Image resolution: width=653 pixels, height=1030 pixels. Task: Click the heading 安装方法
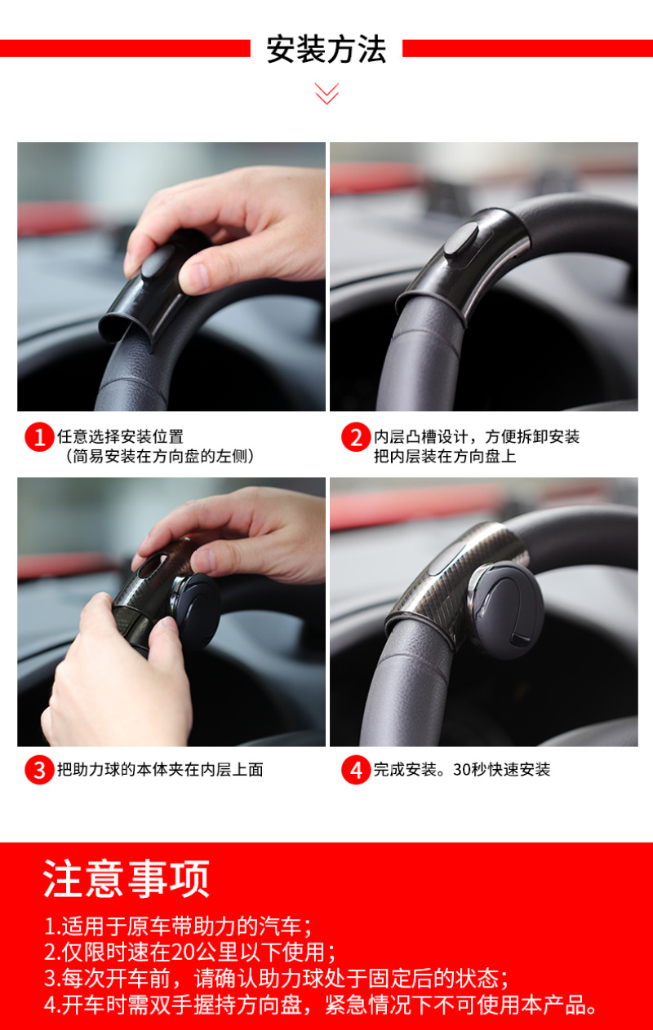[326, 49]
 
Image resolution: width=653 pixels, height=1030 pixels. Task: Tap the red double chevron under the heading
[326, 94]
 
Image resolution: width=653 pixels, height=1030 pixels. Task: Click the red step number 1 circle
[39, 437]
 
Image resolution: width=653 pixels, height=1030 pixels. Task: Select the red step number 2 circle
[356, 437]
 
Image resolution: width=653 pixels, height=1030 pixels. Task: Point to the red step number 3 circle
[39, 770]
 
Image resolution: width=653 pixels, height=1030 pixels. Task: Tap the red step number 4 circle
[356, 770]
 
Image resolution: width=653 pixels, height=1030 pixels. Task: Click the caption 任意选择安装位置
[121, 436]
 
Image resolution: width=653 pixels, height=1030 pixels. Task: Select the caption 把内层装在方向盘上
[445, 456]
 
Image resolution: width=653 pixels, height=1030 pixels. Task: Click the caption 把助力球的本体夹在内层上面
[160, 769]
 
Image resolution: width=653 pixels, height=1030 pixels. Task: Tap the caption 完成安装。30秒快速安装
[462, 769]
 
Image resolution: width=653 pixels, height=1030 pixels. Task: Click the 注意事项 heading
[127, 878]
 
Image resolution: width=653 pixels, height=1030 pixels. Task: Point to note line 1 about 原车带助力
[178, 926]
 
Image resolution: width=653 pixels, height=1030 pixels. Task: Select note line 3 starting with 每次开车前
[277, 979]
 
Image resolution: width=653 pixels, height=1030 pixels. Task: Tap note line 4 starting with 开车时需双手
[320, 1005]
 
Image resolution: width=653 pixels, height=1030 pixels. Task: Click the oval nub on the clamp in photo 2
[461, 241]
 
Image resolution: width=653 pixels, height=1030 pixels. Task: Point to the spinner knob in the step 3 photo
[195, 611]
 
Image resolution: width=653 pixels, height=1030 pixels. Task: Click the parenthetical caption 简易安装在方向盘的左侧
[159, 456]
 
